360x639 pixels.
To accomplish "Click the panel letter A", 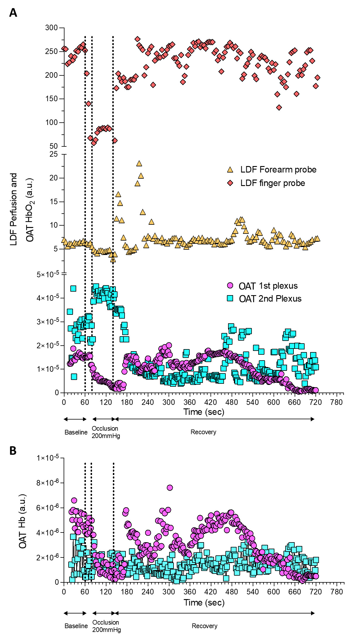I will [13, 13].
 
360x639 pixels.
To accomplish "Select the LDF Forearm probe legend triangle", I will [230, 170].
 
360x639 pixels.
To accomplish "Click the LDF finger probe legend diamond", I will [230, 183].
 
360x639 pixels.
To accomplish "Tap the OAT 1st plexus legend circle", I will [230, 285].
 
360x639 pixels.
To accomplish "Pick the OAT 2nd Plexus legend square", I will [230, 298].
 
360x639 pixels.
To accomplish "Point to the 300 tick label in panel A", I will [51, 28].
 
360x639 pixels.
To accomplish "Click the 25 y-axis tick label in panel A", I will [54, 154].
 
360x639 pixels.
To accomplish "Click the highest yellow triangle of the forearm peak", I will [139, 163].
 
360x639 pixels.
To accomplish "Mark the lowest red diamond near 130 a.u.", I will [279, 107].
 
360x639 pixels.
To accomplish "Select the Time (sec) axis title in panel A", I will [204, 412].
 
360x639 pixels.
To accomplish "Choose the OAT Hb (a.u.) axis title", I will [23, 521].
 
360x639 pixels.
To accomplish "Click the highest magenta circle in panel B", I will [170, 488].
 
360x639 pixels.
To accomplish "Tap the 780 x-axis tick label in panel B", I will [336, 592].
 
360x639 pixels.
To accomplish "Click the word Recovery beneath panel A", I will [203, 432].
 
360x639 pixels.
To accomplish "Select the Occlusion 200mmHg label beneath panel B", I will [106, 626].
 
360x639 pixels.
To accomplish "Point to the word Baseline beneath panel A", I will [76, 432].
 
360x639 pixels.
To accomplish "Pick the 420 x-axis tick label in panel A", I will [210, 402].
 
